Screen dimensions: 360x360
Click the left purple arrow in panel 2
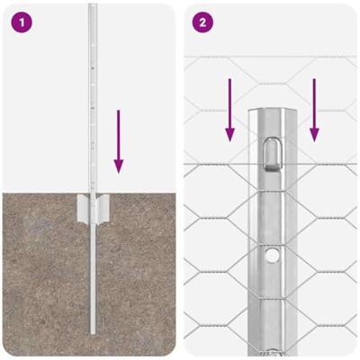230,109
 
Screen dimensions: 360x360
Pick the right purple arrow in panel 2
314,109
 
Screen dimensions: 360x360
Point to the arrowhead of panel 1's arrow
118,166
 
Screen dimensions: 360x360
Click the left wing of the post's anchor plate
83,208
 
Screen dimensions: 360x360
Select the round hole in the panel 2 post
271,256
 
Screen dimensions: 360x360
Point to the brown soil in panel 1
45,279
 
